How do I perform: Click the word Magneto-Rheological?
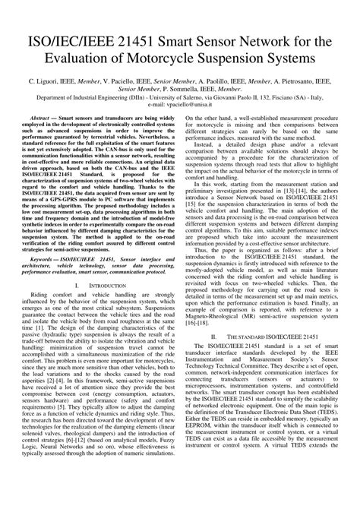pyautogui.click(x=222, y=334)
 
